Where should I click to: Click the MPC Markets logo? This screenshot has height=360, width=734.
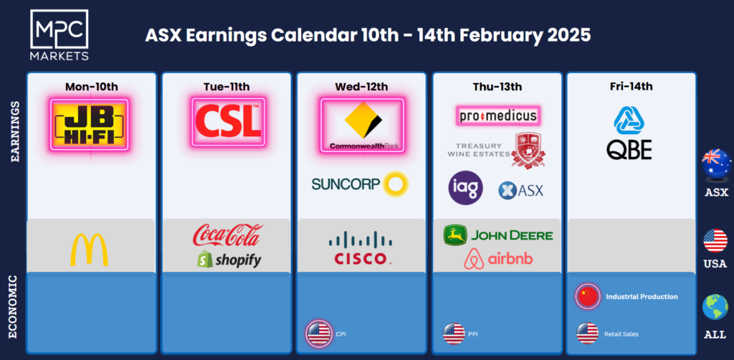pyautogui.click(x=59, y=35)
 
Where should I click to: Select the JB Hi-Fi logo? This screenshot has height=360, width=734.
pyautogui.click(x=89, y=124)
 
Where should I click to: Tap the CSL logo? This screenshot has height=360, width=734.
pyautogui.click(x=228, y=122)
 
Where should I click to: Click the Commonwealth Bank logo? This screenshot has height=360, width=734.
pyautogui.click(x=361, y=125)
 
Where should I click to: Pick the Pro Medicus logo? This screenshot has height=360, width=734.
pyautogui.click(x=498, y=115)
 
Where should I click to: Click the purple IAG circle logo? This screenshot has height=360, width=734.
pyautogui.click(x=466, y=188)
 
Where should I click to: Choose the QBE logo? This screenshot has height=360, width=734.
pyautogui.click(x=629, y=133)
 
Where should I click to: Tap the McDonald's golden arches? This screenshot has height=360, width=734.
pyautogui.click(x=89, y=250)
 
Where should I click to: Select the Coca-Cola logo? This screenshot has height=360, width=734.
pyautogui.click(x=227, y=235)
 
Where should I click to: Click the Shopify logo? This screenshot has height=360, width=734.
pyautogui.click(x=229, y=260)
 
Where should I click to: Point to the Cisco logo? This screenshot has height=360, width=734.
pyautogui.click(x=361, y=248)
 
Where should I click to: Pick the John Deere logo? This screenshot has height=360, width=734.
pyautogui.click(x=498, y=235)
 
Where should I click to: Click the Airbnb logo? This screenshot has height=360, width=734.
pyautogui.click(x=498, y=259)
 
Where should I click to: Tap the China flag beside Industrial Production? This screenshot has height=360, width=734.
pyautogui.click(x=588, y=296)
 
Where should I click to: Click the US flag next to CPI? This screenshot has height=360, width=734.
pyautogui.click(x=319, y=333)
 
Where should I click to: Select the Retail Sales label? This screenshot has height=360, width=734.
pyautogui.click(x=621, y=334)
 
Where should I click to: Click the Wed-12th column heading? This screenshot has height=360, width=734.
pyautogui.click(x=361, y=87)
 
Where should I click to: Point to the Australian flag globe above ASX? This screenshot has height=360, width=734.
pyautogui.click(x=716, y=164)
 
